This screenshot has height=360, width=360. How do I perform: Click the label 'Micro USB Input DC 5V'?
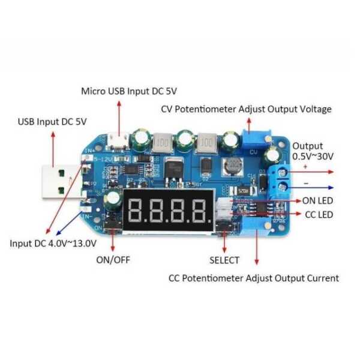pyautogui.click(x=129, y=91)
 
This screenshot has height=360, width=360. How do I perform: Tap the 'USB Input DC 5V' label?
pyautogui.click(x=52, y=121)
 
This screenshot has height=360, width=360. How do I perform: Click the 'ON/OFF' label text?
pyautogui.click(x=113, y=260)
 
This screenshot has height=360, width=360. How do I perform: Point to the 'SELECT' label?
pyautogui.click(x=224, y=260)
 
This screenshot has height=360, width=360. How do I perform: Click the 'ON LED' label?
pyautogui.click(x=317, y=200)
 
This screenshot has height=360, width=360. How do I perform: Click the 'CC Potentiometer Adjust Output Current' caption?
pyautogui.click(x=253, y=278)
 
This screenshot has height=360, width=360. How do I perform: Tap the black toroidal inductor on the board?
pyautogui.click(x=231, y=167)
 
